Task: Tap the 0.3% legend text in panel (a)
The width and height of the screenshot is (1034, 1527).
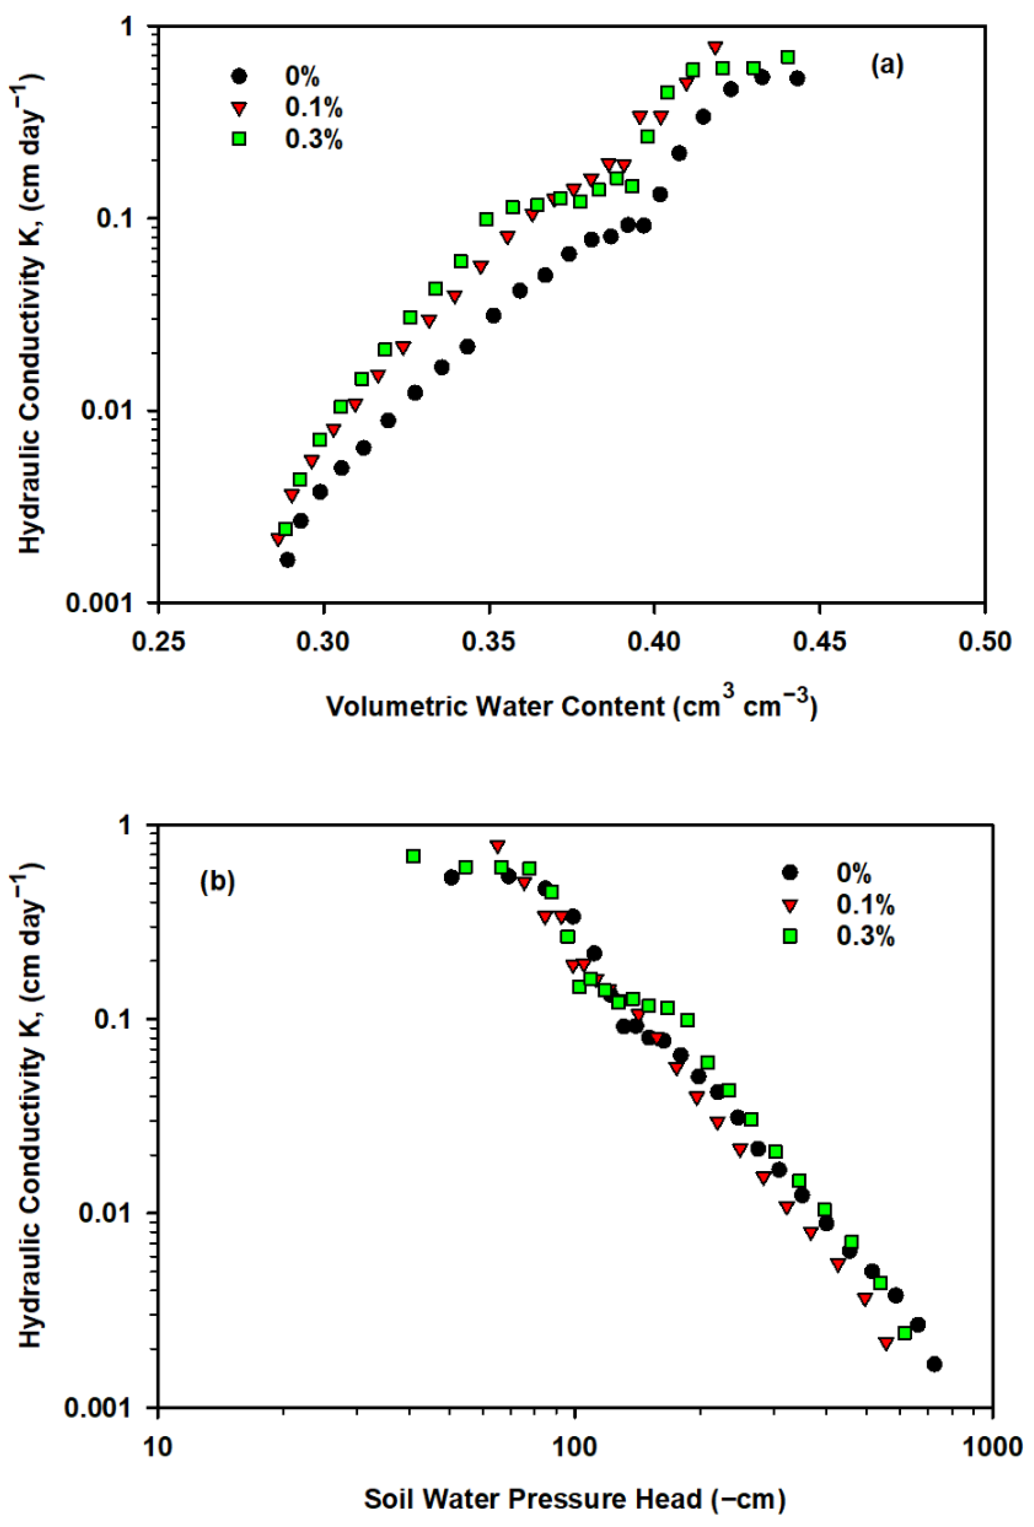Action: [x=313, y=139]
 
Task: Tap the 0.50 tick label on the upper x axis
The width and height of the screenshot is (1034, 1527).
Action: [x=984, y=641]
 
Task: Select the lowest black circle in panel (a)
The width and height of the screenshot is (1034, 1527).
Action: [x=287, y=560]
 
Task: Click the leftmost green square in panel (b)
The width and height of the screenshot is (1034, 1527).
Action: [x=413, y=856]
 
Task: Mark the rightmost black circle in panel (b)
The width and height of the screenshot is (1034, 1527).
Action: [x=934, y=1364]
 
